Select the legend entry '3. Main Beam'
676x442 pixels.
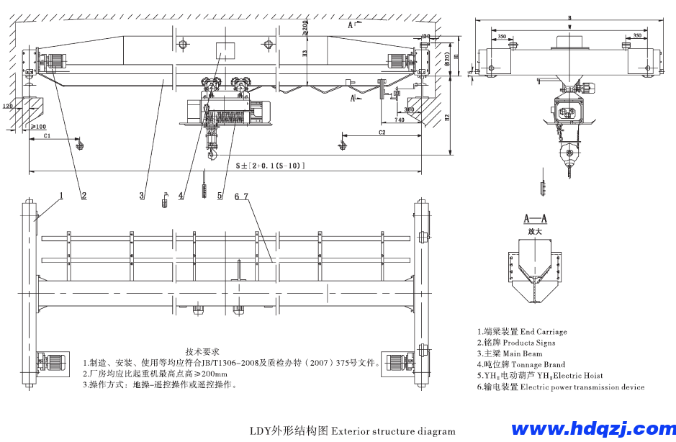[510, 353]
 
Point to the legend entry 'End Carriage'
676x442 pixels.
[522, 332]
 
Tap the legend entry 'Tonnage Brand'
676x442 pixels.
[521, 364]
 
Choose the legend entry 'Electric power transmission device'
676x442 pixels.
[561, 387]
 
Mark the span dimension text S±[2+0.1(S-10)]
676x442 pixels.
[271, 166]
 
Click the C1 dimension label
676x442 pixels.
[45, 135]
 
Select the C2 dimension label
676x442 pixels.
[381, 133]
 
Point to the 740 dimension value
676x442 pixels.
[400, 121]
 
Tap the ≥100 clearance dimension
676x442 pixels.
[38, 127]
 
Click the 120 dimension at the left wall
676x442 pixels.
[8, 106]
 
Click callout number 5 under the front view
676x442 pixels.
[219, 195]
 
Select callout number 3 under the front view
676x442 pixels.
[142, 195]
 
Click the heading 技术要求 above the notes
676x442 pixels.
[202, 352]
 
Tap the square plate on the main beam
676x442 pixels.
[225, 50]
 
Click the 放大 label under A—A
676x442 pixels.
[535, 232]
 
